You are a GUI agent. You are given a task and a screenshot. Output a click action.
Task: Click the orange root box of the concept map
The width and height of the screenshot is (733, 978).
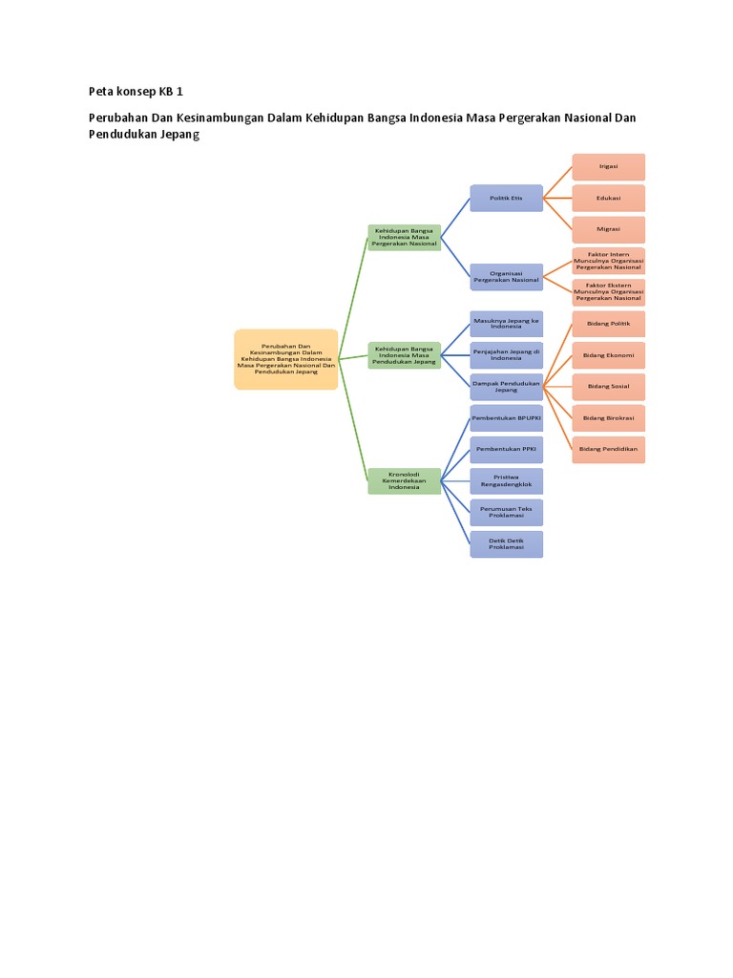pyautogui.click(x=286, y=359)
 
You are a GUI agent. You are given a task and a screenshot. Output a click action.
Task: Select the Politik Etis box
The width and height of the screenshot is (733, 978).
pyautogui.click(x=506, y=198)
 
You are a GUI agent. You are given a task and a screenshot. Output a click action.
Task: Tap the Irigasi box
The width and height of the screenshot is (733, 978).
pyautogui.click(x=608, y=166)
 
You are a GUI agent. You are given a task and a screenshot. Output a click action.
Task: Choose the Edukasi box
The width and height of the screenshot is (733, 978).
pyautogui.click(x=608, y=198)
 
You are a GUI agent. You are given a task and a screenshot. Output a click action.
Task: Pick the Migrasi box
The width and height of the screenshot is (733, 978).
pyautogui.click(x=608, y=229)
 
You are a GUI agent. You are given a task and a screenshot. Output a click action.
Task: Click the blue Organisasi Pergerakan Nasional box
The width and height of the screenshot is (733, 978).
pyautogui.click(x=506, y=277)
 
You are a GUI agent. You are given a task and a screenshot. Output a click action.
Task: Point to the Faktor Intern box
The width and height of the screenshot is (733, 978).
pyautogui.click(x=608, y=261)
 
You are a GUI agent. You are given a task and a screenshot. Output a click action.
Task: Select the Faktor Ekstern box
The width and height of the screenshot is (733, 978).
pyautogui.click(x=608, y=292)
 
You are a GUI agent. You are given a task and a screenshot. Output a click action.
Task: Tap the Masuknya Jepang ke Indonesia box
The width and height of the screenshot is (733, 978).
pyautogui.click(x=506, y=323)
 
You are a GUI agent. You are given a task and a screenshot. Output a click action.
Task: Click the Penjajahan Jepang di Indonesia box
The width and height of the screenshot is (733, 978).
pyautogui.click(x=506, y=354)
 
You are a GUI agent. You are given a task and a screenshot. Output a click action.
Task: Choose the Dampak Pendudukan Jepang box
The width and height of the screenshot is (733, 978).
pyautogui.click(x=506, y=387)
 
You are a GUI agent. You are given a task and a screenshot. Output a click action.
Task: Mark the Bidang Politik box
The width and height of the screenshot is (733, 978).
pyautogui.click(x=608, y=324)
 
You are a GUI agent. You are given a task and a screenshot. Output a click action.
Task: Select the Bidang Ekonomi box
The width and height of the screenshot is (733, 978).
pyautogui.click(x=608, y=355)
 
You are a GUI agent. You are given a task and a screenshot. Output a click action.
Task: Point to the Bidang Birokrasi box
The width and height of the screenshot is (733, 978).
pyautogui.click(x=608, y=418)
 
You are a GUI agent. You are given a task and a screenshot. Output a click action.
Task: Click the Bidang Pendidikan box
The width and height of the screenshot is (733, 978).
pyautogui.click(x=608, y=450)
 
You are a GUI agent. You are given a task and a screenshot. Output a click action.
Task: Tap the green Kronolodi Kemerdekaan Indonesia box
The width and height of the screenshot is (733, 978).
pyautogui.click(x=404, y=480)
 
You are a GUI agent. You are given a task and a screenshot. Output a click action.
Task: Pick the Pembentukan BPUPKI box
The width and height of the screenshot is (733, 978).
pyautogui.click(x=506, y=418)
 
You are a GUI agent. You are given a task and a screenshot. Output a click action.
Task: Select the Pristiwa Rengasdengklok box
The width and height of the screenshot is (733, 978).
pyautogui.click(x=506, y=480)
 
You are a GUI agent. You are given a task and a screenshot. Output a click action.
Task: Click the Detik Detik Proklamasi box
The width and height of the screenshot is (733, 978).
pyautogui.click(x=506, y=543)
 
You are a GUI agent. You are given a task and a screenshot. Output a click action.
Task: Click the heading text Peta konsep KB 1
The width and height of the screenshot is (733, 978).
pyautogui.click(x=135, y=92)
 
